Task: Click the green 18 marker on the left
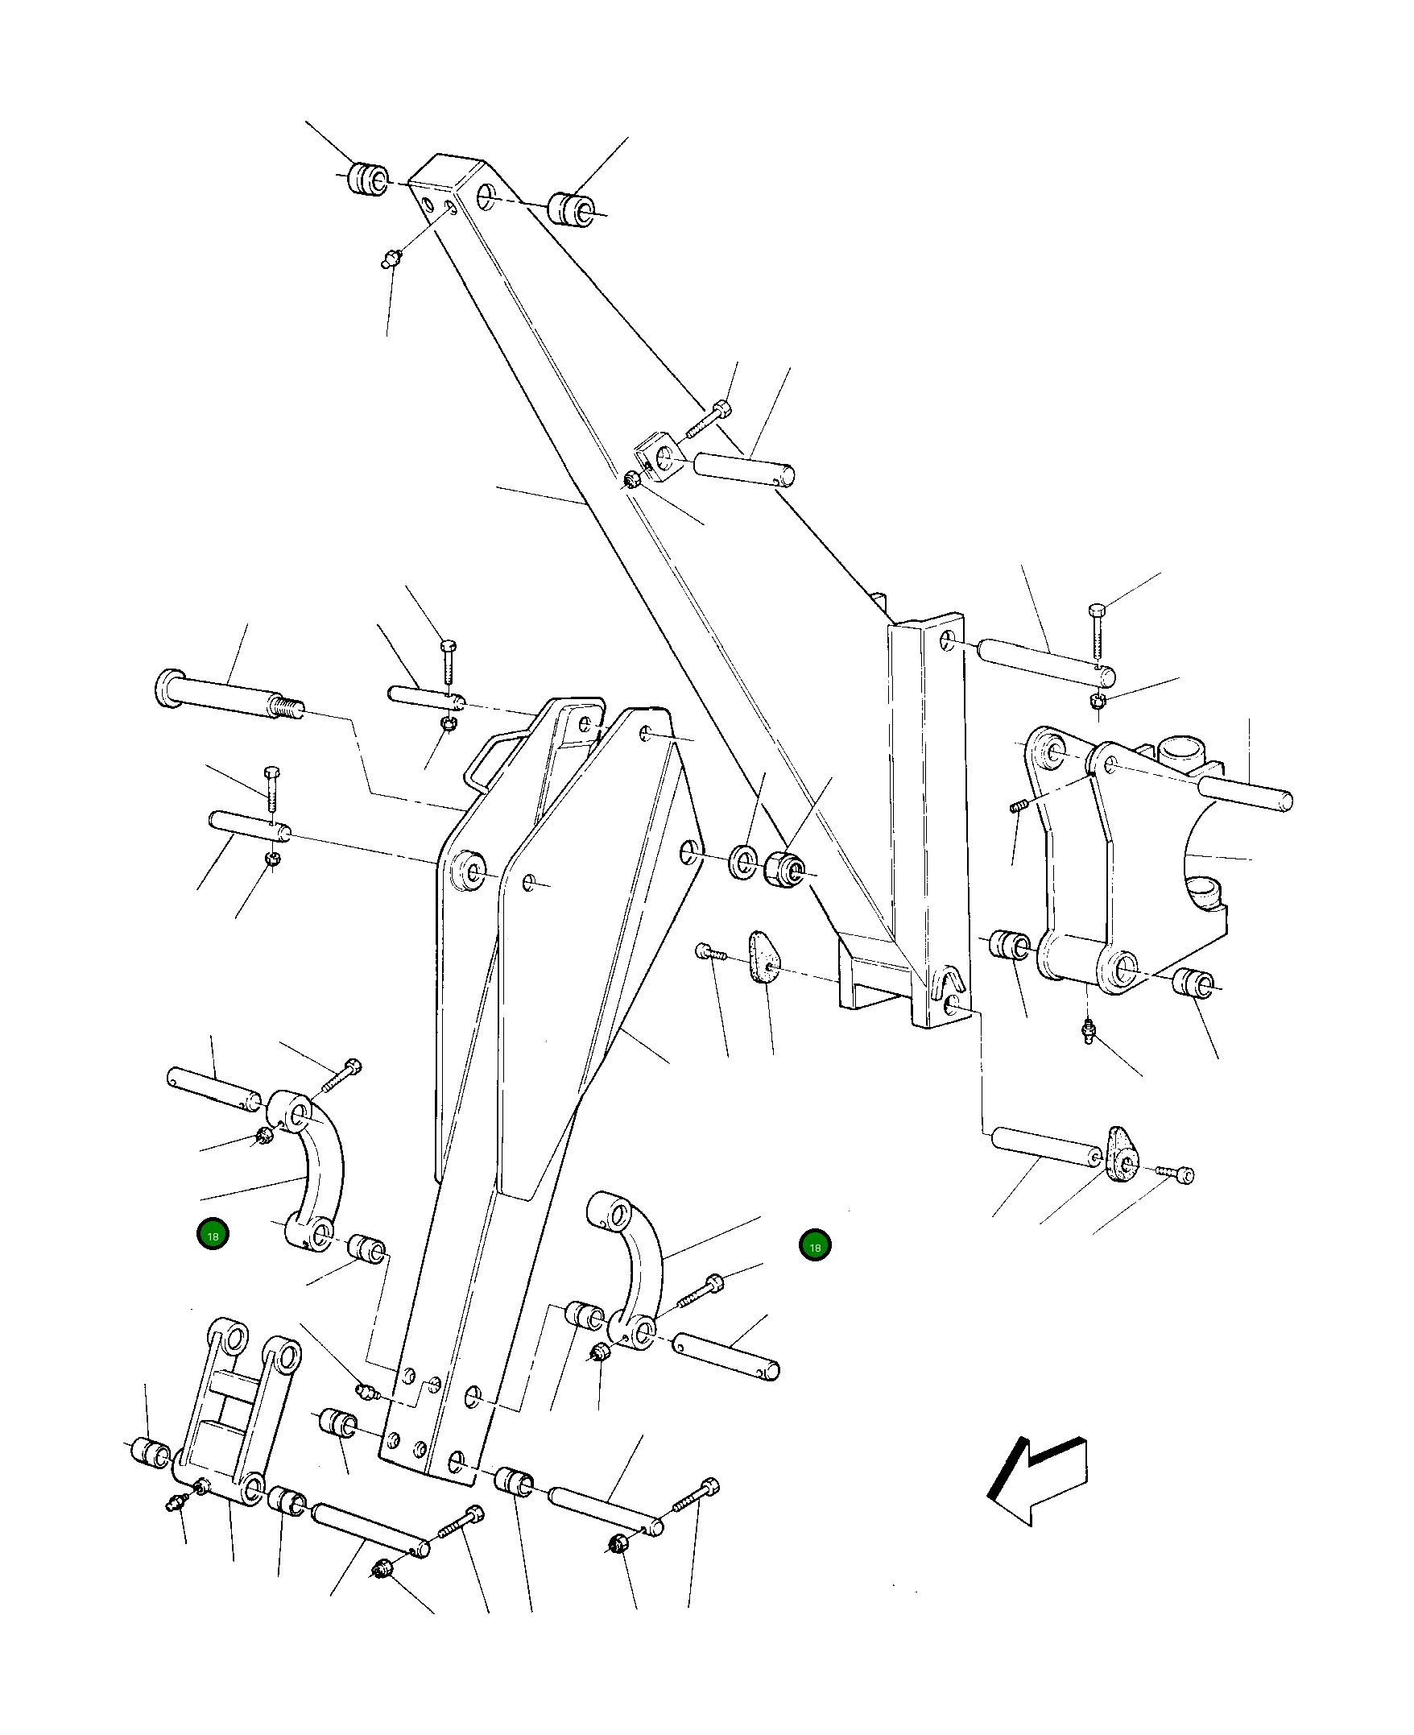click(213, 1235)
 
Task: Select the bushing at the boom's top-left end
click(368, 179)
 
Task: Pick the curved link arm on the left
click(320, 1174)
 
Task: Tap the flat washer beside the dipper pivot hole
click(742, 862)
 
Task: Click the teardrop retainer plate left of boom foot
click(763, 957)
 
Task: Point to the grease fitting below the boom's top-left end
click(392, 259)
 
